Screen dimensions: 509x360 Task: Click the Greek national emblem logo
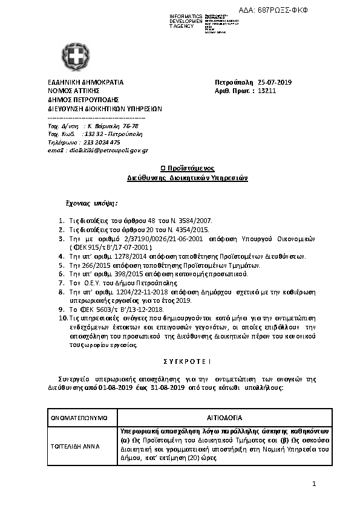pos(76,57)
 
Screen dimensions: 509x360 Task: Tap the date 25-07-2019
pos(275,82)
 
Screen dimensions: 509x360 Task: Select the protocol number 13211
pos(267,91)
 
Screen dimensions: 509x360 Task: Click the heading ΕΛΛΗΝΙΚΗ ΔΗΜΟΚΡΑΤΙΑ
pos(85,82)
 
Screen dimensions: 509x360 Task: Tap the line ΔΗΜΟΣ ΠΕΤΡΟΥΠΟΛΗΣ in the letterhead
pos(83,100)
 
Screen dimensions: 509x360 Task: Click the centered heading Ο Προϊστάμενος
pos(187,169)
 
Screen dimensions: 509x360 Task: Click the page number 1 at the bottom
pos(314,484)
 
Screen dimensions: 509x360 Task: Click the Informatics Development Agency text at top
pos(186,21)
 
